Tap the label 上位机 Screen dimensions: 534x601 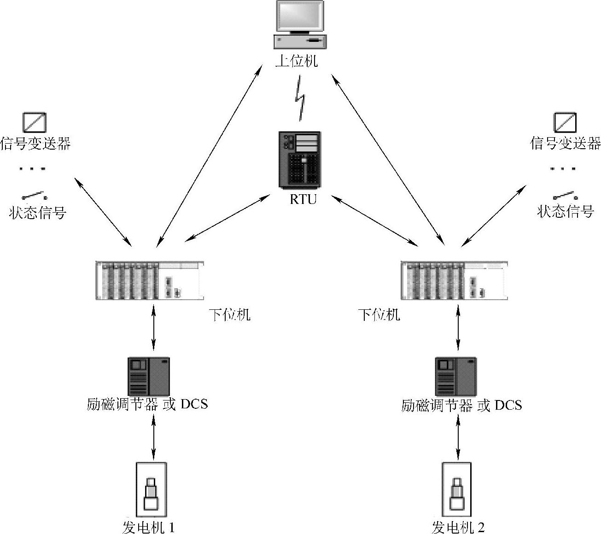tap(297, 61)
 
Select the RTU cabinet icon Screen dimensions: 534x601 tap(299, 159)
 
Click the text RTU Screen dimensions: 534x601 tap(303, 199)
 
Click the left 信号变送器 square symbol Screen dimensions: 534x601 tap(35, 122)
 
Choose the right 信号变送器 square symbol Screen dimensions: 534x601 tap(565, 122)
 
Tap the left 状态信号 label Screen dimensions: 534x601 tap(37, 212)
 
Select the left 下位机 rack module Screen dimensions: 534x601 tap(150, 280)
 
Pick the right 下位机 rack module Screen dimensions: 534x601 tap(454, 280)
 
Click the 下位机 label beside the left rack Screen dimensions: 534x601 tap(230, 315)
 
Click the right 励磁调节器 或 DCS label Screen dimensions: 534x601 tap(461, 406)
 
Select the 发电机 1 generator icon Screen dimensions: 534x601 tap(151, 490)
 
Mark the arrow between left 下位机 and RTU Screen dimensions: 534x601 tap(228, 218)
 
